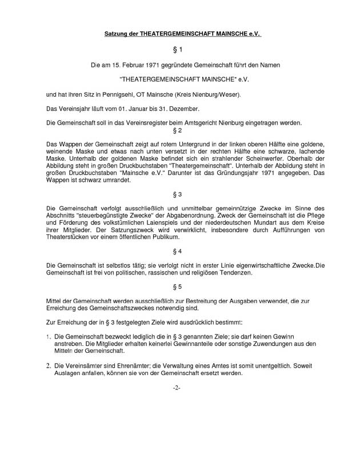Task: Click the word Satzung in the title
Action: [x=117, y=34]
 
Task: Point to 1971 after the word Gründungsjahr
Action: [x=266, y=173]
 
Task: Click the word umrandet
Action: [x=115, y=180]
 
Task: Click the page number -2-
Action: [x=177, y=388]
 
